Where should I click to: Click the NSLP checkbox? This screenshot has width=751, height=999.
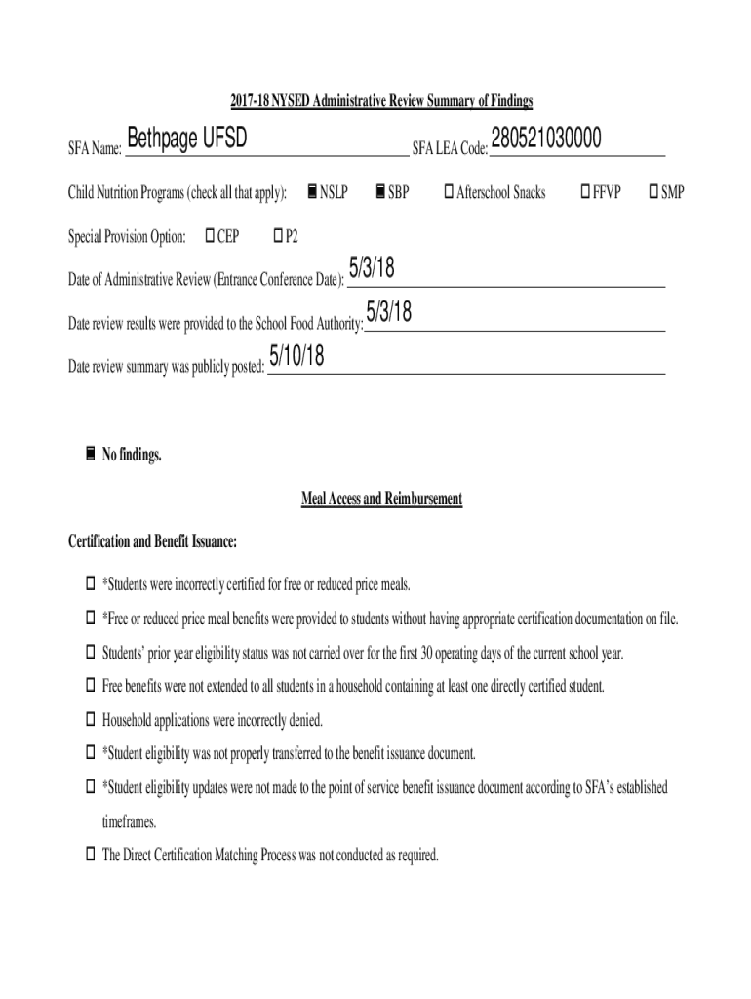311,192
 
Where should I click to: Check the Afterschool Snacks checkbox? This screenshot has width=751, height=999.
449,192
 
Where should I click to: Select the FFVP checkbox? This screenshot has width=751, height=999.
585,192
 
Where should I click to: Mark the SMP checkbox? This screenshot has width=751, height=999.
654,192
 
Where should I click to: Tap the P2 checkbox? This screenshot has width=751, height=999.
277,236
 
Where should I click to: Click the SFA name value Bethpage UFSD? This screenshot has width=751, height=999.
186,141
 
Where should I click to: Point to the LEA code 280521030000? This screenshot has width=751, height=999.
546,141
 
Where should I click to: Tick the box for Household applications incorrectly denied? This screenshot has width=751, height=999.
91,721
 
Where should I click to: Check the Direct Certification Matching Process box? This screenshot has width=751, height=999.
91,856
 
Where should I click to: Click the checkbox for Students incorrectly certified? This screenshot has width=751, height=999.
91,585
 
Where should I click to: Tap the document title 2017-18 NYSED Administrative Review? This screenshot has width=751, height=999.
381,100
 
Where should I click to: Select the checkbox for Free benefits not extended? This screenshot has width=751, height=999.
91,687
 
